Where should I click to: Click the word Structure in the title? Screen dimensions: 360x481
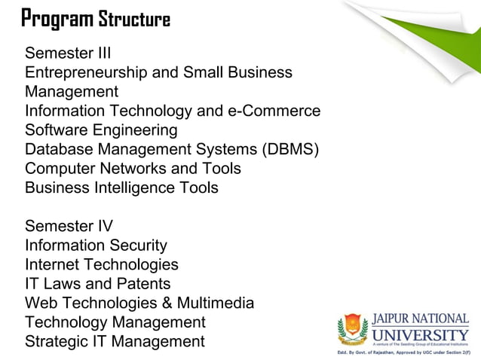[135, 19]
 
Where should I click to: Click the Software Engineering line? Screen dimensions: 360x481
[101, 130]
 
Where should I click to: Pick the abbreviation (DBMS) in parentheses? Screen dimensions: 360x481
[290, 149]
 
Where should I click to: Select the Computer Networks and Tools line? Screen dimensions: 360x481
[133, 168]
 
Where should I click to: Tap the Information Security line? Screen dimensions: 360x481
[96, 246]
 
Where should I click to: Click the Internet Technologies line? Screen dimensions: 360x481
[102, 264]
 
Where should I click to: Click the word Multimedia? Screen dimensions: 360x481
[216, 304]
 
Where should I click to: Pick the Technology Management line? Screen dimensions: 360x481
[115, 322]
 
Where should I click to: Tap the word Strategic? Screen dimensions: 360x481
[57, 342]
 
